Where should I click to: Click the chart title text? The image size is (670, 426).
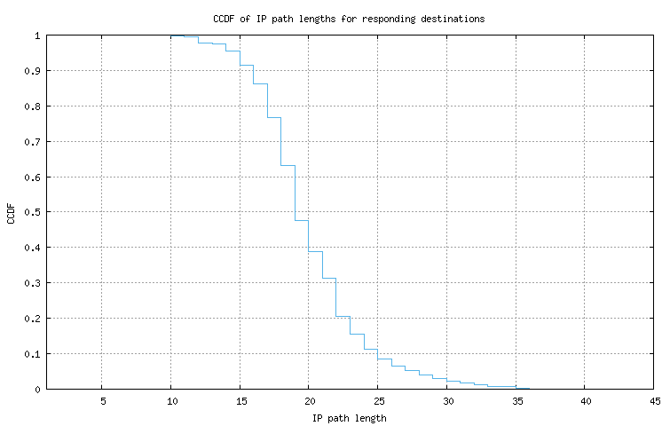click(x=349, y=19)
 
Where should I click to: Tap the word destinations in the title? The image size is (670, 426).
click(x=452, y=19)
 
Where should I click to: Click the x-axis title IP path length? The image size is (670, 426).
click(x=349, y=417)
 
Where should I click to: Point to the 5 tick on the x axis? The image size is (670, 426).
click(x=102, y=400)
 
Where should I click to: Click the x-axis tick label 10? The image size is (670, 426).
click(x=170, y=400)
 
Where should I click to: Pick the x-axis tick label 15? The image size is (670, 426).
click(x=240, y=400)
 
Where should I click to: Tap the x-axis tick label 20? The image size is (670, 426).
click(x=308, y=400)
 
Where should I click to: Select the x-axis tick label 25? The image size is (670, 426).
click(x=377, y=400)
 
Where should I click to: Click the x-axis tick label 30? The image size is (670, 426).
click(x=446, y=400)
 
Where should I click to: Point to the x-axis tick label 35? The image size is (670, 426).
click(x=516, y=400)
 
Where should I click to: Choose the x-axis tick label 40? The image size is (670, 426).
click(x=584, y=400)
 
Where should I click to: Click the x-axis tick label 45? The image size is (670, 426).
click(x=653, y=400)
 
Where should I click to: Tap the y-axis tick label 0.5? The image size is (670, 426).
click(x=32, y=212)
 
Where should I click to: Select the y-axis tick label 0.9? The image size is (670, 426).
click(x=32, y=71)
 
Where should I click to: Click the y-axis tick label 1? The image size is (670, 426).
click(x=37, y=35)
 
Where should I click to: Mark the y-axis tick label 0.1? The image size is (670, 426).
click(x=32, y=354)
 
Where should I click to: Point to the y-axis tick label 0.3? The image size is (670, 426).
click(x=32, y=283)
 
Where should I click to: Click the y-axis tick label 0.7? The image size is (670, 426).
click(x=32, y=142)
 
